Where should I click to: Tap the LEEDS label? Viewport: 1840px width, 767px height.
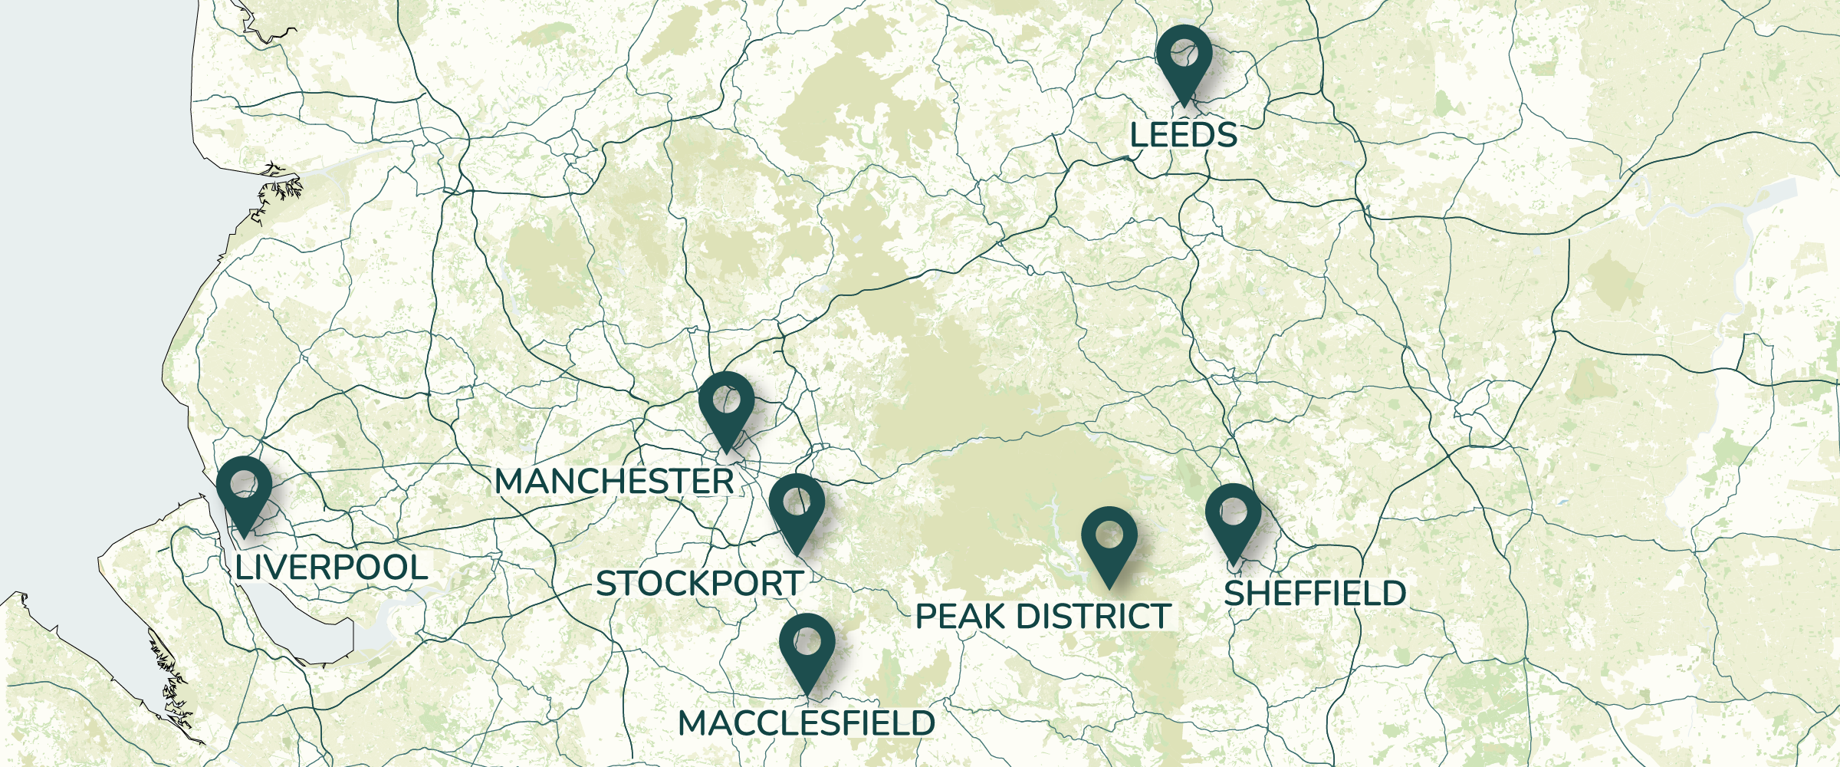1183,136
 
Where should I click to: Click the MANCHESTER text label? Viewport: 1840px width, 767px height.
614,482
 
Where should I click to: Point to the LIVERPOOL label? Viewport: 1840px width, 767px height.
331,568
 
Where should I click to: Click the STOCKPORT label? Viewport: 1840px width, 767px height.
699,584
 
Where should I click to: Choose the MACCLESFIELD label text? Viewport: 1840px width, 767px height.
807,723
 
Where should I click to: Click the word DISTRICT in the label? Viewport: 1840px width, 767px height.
1096,617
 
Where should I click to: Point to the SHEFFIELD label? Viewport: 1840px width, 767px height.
1315,594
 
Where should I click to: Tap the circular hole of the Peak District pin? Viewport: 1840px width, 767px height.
1109,534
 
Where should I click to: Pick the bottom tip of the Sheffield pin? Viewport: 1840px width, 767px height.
1233,565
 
